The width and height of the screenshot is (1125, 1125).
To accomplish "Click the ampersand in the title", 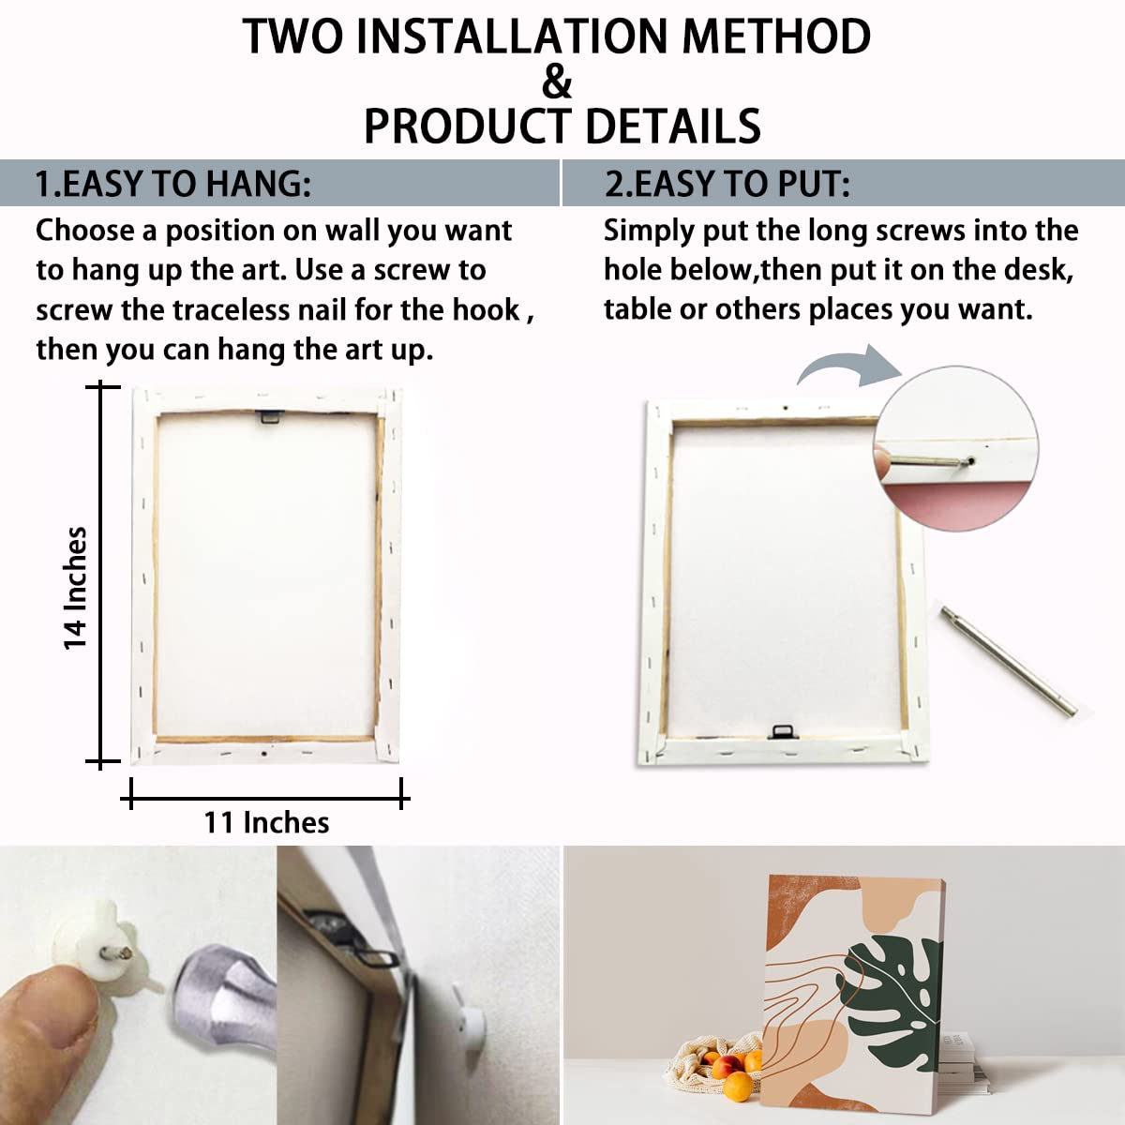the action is point(556,82).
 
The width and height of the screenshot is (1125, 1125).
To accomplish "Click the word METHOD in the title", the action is point(776,37).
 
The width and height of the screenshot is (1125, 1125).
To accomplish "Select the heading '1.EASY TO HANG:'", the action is point(173,184).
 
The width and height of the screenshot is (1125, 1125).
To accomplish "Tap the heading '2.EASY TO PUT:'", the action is point(727,184).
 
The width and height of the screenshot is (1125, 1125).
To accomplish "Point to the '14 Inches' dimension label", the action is point(75,588).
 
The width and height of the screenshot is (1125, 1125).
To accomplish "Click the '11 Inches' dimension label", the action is point(266,822).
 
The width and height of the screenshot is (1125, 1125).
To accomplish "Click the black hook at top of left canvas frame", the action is point(269,415).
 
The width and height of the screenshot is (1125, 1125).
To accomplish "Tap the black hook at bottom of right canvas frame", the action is point(783,731).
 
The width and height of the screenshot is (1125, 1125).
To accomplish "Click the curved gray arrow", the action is point(849,367).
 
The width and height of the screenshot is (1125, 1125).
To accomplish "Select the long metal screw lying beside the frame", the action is point(1009,660).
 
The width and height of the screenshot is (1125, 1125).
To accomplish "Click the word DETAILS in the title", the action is point(673,127).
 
